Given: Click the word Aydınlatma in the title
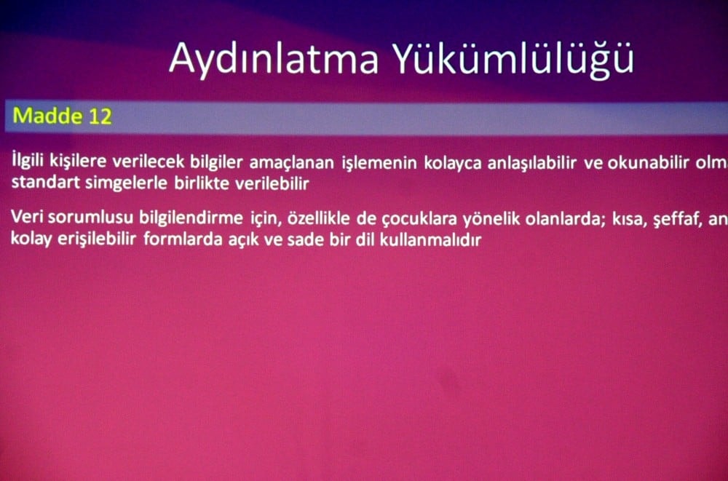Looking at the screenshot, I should (274, 58).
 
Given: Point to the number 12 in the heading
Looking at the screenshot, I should (100, 116).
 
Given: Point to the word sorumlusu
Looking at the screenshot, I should (76, 218).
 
